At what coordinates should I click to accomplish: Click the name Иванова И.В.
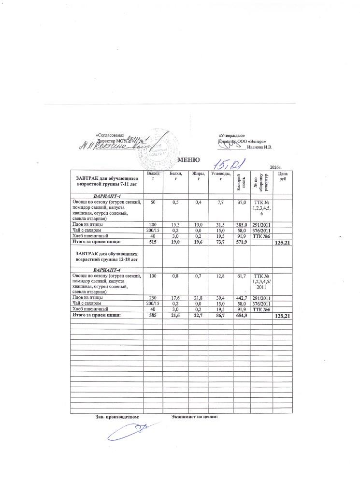point(259,147)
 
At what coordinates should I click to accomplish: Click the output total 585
point(152,315)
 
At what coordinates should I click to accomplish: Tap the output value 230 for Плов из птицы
point(152,298)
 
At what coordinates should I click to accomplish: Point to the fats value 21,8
point(198,298)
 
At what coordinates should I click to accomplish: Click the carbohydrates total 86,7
point(220,315)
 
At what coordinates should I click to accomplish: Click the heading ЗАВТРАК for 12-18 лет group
point(106,256)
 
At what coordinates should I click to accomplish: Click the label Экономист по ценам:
point(195,416)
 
